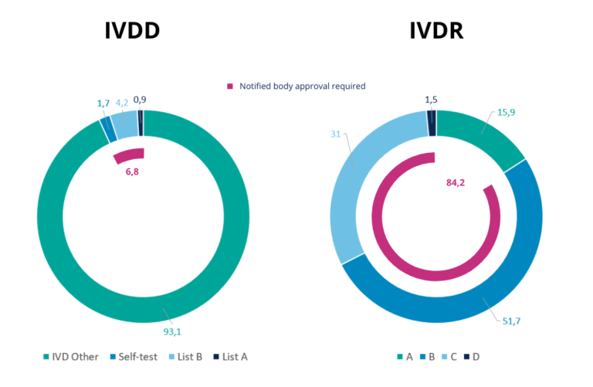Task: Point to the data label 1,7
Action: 103,104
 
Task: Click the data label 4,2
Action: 122,103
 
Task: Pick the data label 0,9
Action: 141,100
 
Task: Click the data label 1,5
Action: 432,100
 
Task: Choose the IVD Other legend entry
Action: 72,357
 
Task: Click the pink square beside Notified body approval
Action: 229,87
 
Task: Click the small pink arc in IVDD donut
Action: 128,155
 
